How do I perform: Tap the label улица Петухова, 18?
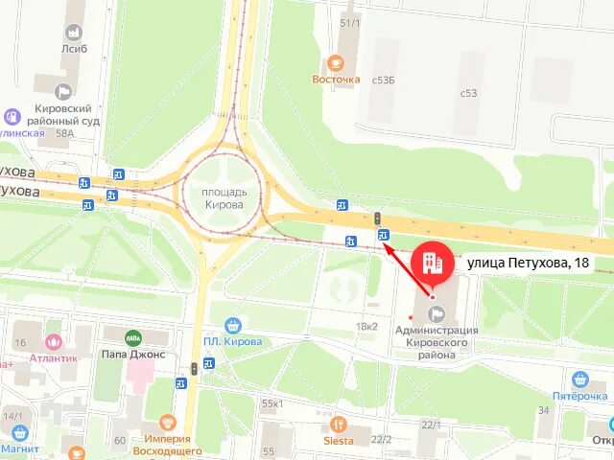tap(528, 262)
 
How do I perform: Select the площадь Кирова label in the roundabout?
tap(223, 198)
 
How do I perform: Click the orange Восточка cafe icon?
tap(335, 62)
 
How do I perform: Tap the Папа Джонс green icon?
tap(133, 336)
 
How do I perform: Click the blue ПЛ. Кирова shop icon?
tap(231, 325)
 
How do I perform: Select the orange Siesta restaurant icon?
tap(337, 424)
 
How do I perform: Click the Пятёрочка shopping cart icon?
tap(579, 379)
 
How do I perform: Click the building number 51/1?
tap(349, 22)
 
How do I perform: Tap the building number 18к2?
tap(366, 326)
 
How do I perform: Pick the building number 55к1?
tap(272, 403)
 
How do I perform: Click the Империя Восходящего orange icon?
tap(168, 422)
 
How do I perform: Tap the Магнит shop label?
tap(19, 448)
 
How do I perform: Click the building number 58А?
tap(64, 134)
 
